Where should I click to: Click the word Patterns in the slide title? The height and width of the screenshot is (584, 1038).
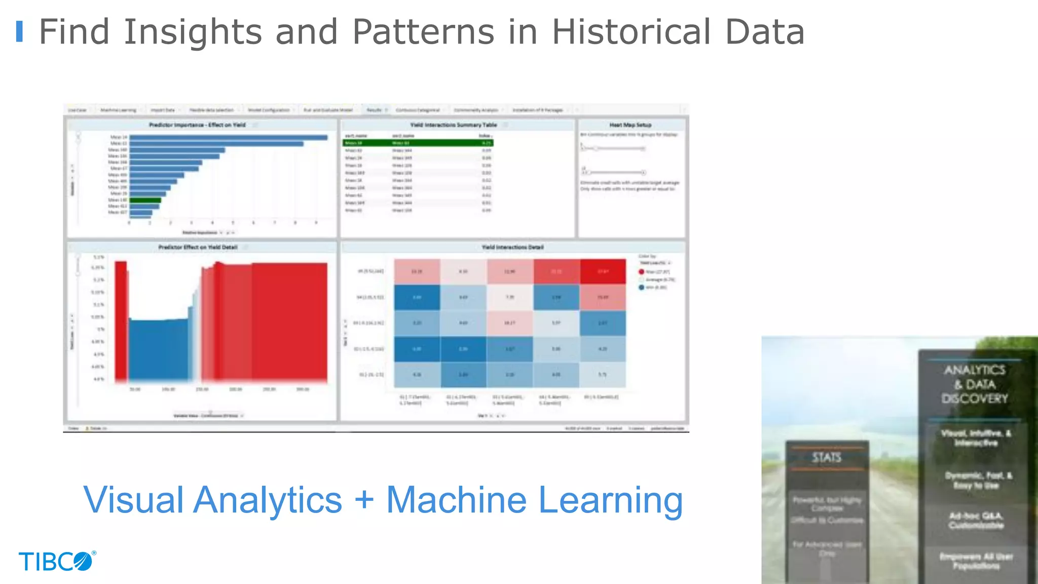tap(423, 32)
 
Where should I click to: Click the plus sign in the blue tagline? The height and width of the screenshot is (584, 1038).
tap(364, 500)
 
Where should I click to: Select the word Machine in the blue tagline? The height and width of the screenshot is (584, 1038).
tap(457, 500)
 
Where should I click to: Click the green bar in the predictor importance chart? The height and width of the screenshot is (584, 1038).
tap(145, 200)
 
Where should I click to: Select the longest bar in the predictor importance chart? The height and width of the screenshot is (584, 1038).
tap(228, 137)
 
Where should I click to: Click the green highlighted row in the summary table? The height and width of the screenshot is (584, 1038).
tap(418, 143)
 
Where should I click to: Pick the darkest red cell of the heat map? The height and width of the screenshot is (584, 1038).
tap(603, 271)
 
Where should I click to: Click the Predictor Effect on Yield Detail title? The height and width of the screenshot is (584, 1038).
tap(198, 247)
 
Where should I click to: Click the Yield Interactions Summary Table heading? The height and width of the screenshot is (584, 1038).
tap(453, 125)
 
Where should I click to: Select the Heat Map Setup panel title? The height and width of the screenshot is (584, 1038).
tap(630, 125)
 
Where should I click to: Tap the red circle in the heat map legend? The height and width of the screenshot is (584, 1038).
tap(641, 272)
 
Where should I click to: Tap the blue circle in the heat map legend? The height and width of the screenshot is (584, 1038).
tap(641, 287)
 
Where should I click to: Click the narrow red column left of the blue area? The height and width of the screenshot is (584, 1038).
tap(121, 319)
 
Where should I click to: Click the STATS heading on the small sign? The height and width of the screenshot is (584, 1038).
tap(827, 458)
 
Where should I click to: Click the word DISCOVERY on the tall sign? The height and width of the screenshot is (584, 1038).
tap(975, 398)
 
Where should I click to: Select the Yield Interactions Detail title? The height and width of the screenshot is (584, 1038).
tap(512, 247)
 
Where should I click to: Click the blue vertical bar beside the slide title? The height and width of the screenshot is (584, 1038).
tap(20, 31)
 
